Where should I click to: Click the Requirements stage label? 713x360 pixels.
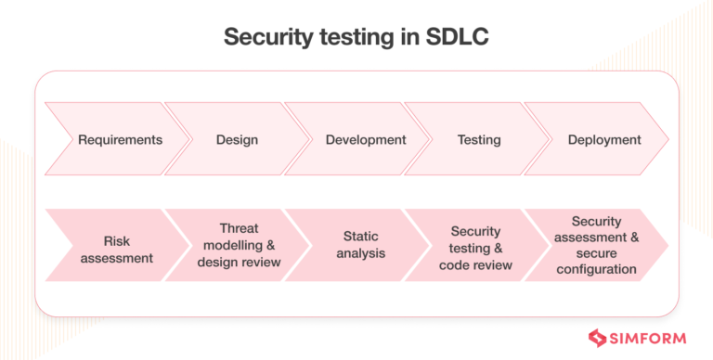(x=120, y=140)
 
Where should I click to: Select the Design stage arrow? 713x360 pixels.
(x=237, y=140)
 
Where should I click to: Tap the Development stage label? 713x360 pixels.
(x=366, y=140)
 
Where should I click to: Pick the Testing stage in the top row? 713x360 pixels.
(x=479, y=140)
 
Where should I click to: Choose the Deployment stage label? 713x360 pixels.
(x=604, y=140)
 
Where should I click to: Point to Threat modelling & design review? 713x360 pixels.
(x=239, y=245)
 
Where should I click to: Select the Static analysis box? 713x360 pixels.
(x=358, y=245)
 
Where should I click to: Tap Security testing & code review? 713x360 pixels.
(x=476, y=246)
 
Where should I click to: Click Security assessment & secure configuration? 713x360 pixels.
(x=604, y=245)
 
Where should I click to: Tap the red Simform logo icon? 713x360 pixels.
(x=599, y=338)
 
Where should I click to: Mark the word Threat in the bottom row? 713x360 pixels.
(x=239, y=228)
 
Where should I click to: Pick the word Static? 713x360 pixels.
(x=358, y=237)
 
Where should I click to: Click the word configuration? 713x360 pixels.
(x=604, y=270)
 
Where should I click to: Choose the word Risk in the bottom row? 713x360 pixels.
(x=116, y=238)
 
